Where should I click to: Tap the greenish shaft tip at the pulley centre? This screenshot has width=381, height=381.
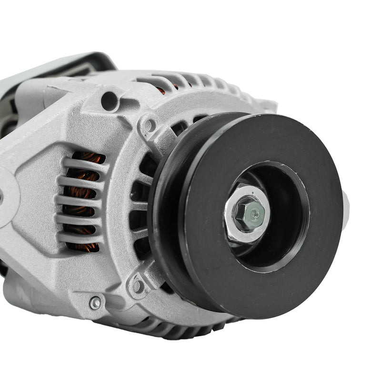pos(255,214)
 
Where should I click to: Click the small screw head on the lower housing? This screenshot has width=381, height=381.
pos(96,302)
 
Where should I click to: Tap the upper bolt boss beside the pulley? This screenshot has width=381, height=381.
pos(149,125)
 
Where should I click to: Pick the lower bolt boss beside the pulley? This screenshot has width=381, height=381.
pos(138,285)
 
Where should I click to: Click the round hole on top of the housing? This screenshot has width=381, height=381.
pos(109,101)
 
